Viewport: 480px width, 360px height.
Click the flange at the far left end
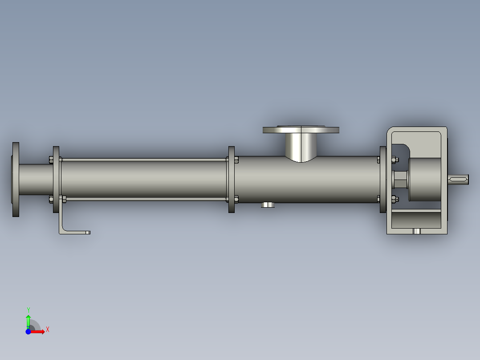pyautogui.click(x=16, y=180)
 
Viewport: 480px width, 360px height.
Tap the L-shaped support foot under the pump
pyautogui.click(x=73, y=231)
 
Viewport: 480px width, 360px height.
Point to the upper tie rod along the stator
pyautogui.click(x=142, y=160)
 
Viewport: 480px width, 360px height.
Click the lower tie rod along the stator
pyautogui.click(x=142, y=199)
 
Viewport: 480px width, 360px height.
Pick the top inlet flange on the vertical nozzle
pyautogui.click(x=301, y=130)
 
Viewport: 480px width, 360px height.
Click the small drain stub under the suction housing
pyautogui.click(x=268, y=205)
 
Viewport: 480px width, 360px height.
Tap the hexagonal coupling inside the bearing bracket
pyautogui.click(x=401, y=180)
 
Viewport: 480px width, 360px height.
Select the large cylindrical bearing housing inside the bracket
pyautogui.click(x=425, y=180)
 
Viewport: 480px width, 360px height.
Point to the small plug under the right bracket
pyautogui.click(x=417, y=231)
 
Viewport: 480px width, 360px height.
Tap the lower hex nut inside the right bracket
pyautogui.click(x=394, y=199)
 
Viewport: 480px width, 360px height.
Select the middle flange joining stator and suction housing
pyautogui.click(x=231, y=179)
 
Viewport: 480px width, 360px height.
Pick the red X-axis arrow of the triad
pyautogui.click(x=39, y=331)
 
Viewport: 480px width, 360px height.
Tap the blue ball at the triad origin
pyautogui.click(x=28, y=331)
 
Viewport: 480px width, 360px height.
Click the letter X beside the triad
pyautogui.click(x=48, y=330)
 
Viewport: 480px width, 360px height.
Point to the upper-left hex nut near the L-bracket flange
pyautogui.click(x=50, y=159)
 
